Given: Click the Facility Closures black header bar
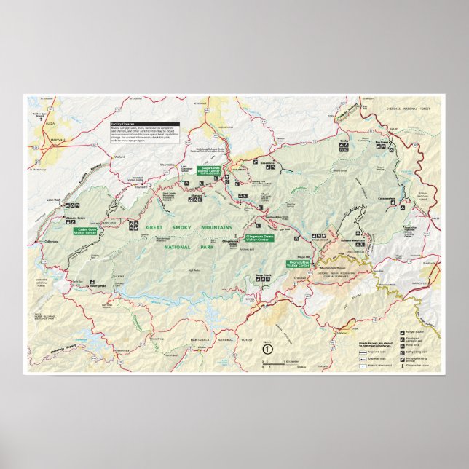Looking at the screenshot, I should tap(124, 124).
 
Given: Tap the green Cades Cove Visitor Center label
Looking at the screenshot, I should tap(87, 231).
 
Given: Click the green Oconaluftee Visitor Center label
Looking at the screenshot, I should tap(299, 263).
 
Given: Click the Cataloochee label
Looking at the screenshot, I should tap(386, 199).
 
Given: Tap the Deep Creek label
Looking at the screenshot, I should tap(263, 275).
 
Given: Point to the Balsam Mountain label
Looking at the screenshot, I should tap(352, 240).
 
